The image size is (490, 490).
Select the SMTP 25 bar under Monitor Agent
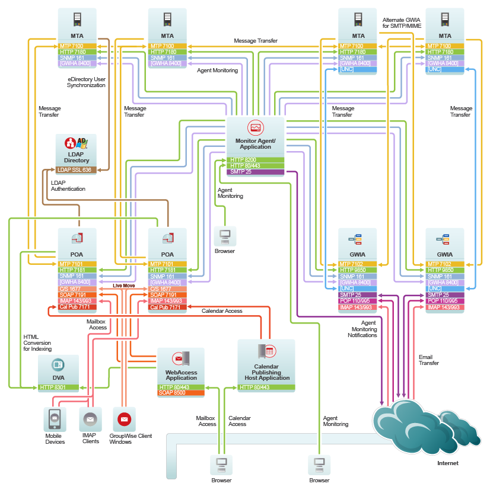255,172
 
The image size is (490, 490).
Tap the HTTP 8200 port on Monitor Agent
255,160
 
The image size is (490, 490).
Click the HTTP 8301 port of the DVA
58,387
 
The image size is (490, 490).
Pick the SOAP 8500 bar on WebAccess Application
181,393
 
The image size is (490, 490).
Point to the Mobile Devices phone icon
55,419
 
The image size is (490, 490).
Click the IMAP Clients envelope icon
90,419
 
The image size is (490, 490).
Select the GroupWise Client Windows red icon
124,419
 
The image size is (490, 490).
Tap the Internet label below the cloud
448,463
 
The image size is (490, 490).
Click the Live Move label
124,286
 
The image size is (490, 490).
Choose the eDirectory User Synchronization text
86,82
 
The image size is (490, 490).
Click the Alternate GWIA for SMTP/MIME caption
402,23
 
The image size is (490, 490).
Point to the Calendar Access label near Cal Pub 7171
222,311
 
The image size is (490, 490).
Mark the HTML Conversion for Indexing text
37,343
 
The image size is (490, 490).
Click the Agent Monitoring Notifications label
362,329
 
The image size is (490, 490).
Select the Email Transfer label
429,360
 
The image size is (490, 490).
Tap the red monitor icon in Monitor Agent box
255,127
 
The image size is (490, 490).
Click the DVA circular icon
58,365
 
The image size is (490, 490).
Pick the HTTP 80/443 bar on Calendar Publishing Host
266,387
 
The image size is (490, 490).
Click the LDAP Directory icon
76,143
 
